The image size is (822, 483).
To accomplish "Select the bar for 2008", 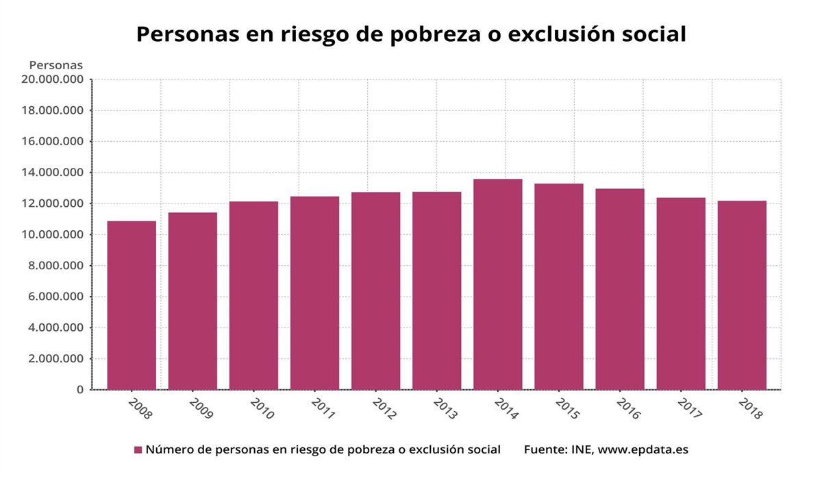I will (132, 306).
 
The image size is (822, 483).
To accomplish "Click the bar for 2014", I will (497, 284).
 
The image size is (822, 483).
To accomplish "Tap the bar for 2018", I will (742, 295).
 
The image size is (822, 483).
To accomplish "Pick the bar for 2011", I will (314, 293).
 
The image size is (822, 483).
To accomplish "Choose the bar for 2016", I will (620, 289).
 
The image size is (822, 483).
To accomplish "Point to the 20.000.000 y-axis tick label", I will (53, 79).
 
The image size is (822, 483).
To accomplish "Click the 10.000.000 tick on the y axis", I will (53, 235).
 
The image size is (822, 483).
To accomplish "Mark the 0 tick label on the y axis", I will (80, 390).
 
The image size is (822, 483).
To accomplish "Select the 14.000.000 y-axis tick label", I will (53, 173).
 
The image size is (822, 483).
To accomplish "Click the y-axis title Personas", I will (55, 65).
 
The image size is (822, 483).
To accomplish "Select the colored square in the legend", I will (138, 450).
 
